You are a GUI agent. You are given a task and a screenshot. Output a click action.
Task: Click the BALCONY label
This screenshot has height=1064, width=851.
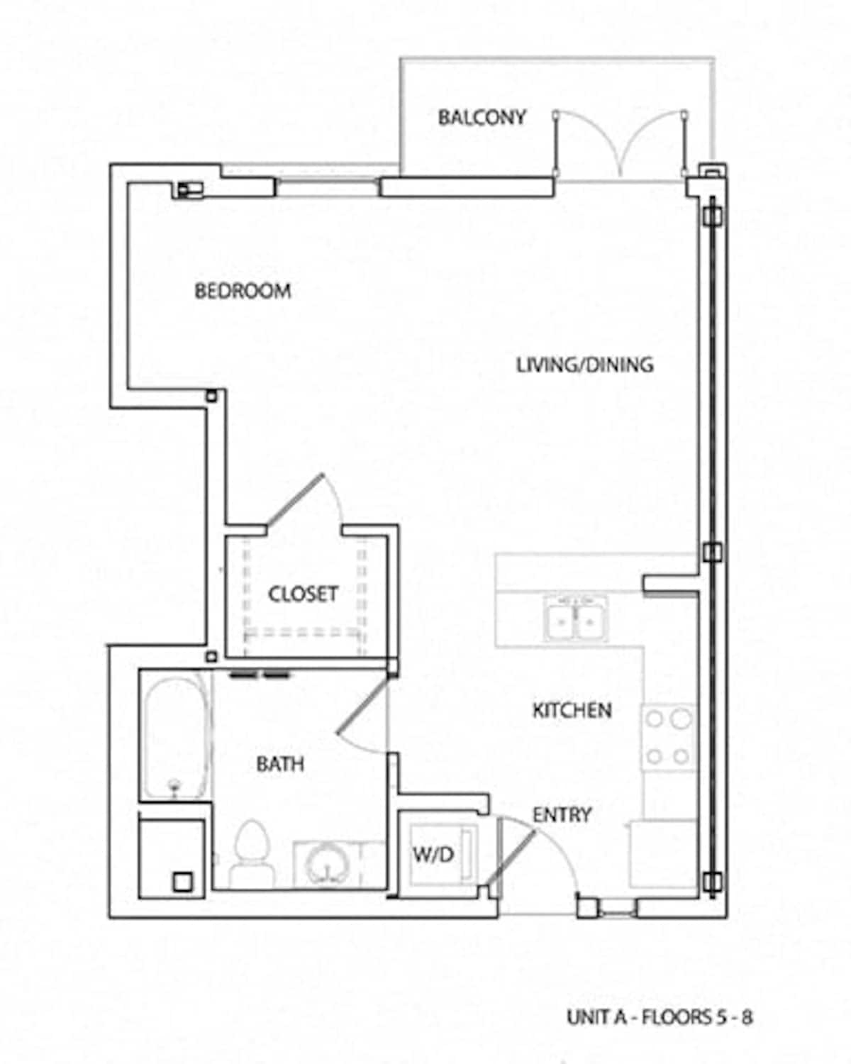pos(482,117)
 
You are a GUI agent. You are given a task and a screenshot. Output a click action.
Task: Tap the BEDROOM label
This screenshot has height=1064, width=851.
pos(243,291)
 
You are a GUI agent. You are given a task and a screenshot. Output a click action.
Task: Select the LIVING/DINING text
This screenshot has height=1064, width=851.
pos(584,365)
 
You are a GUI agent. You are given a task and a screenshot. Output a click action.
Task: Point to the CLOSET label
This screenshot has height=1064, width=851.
pos(302,594)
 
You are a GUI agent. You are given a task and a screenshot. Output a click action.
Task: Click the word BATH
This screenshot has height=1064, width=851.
pos(280,764)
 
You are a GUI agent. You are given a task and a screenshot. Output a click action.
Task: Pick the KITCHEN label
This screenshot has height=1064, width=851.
pos(572,710)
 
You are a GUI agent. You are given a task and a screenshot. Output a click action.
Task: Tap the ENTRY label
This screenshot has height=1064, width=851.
pos(562,815)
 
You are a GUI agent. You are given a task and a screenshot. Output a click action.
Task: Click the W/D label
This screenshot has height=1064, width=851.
pos(433,855)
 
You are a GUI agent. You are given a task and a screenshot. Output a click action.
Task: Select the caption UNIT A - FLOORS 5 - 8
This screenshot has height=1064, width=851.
pos(660,1017)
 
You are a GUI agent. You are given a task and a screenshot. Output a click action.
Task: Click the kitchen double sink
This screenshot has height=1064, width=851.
pos(576,618)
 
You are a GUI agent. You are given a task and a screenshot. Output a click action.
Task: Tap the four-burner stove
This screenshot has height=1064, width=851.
pos(668,738)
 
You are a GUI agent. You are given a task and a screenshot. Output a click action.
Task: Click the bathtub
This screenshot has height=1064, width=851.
pos(175,738)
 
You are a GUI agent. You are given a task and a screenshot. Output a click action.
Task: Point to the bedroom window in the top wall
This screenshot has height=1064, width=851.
pos(326,187)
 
